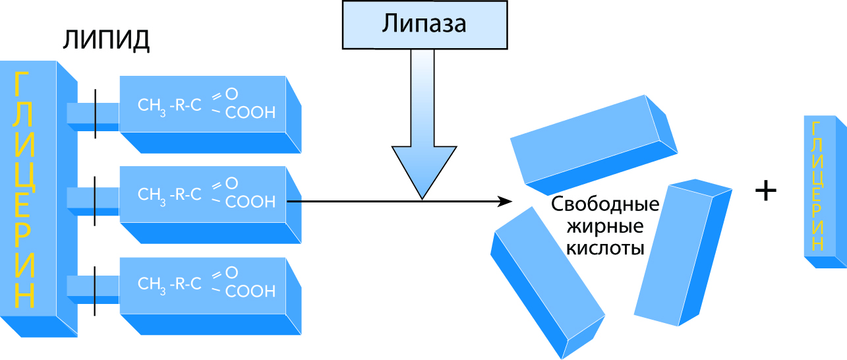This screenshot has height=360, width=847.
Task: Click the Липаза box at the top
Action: tap(424, 25)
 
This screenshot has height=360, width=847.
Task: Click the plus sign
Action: tap(765, 192)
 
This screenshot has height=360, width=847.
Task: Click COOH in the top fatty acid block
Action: tap(250, 113)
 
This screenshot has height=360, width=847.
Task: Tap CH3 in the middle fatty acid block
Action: tap(152, 195)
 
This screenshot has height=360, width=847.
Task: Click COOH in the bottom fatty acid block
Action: tap(250, 291)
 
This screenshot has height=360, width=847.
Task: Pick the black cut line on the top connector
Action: tap(95, 113)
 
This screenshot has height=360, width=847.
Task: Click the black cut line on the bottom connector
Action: tap(95, 291)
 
